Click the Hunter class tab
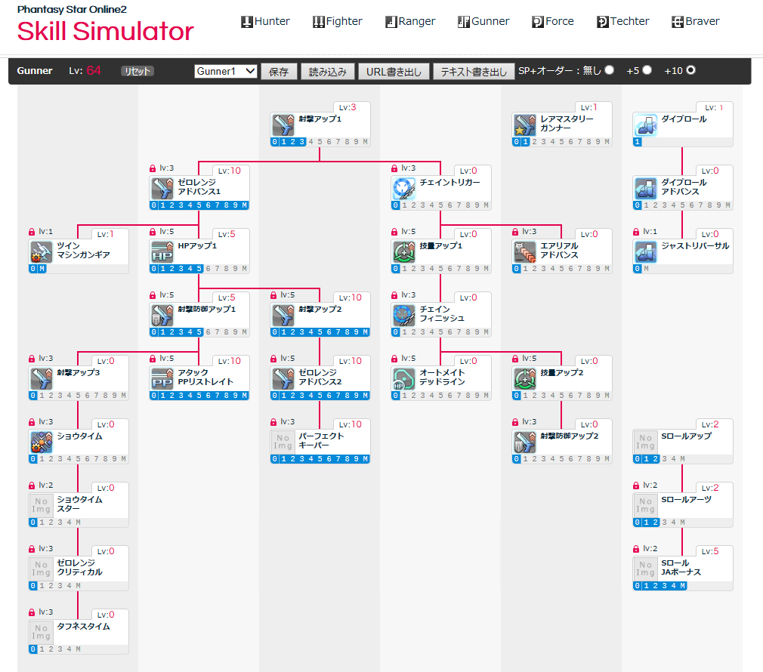(x=265, y=21)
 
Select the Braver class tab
(x=695, y=21)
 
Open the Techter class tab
(x=622, y=21)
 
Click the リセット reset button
(x=137, y=71)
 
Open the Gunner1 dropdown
(x=226, y=71)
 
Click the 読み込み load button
(x=327, y=72)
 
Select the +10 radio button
(x=690, y=70)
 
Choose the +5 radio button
(x=647, y=70)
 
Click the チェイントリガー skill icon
(x=404, y=188)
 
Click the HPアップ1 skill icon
(x=162, y=251)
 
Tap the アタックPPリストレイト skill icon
(x=162, y=378)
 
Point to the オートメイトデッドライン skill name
(x=442, y=377)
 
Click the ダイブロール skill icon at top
(x=646, y=125)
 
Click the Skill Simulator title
(x=106, y=32)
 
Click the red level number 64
(x=94, y=71)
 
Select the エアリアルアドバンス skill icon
(x=525, y=251)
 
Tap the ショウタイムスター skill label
(x=80, y=504)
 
